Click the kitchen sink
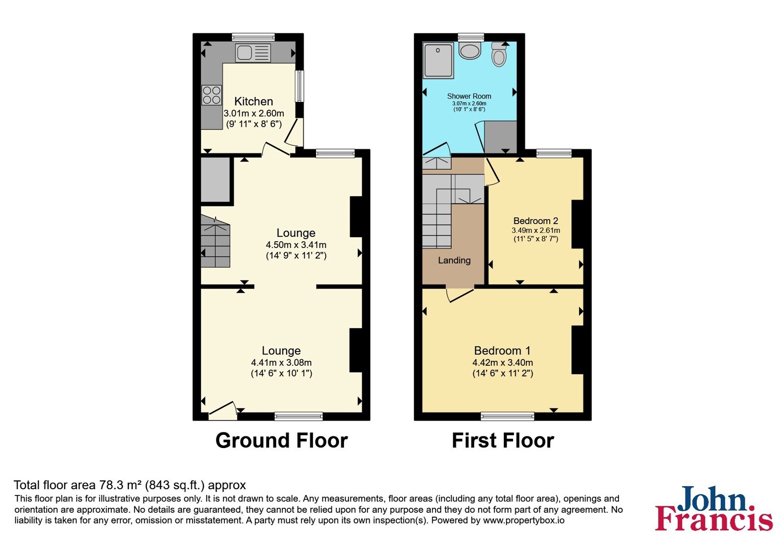[x=253, y=53]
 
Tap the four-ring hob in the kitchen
[x=211, y=95]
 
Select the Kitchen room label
[x=253, y=101]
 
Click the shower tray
[x=438, y=60]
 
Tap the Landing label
[x=454, y=260]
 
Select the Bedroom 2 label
[x=536, y=221]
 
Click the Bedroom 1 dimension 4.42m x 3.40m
[x=503, y=362]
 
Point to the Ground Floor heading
[x=281, y=440]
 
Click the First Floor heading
[x=503, y=440]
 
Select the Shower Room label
[x=469, y=96]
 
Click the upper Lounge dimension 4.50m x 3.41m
[x=296, y=245]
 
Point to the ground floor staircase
[x=215, y=242]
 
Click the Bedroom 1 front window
[x=507, y=416]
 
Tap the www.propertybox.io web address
[x=524, y=520]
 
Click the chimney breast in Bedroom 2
[x=578, y=224]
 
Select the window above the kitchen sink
[x=253, y=37]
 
